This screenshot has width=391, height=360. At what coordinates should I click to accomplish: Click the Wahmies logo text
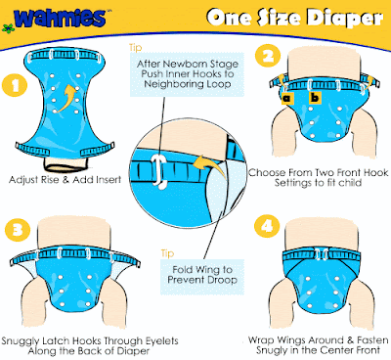61,18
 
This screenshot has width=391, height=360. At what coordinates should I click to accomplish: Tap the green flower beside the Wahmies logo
7,28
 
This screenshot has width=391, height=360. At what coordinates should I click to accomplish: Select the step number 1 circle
15,86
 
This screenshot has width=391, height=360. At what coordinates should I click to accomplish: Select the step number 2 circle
268,56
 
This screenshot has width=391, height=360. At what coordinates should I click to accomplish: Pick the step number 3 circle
18,230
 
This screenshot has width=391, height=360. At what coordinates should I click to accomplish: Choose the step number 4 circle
267,226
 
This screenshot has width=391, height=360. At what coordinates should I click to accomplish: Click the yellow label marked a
287,98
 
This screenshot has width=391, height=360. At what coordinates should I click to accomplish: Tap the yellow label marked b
315,97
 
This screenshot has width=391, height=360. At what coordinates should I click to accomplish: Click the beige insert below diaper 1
66,164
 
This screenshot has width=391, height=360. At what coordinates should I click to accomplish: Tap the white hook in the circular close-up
158,171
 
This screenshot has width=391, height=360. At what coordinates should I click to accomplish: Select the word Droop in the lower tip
221,280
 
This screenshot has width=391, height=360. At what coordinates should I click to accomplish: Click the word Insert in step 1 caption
105,180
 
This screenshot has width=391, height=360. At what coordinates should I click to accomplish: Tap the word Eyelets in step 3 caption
161,341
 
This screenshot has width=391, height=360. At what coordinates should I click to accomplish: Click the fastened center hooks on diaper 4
321,253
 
